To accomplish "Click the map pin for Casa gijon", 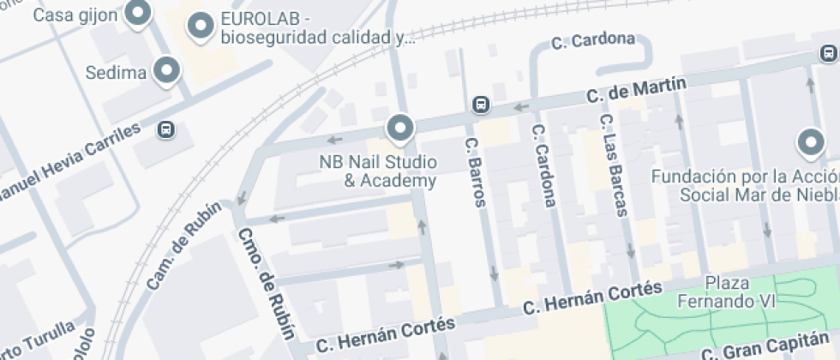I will [137, 13].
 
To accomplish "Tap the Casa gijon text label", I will [75, 15].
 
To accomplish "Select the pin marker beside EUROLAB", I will [201, 27].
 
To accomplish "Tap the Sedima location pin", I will [166, 70].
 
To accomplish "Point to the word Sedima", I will [116, 73].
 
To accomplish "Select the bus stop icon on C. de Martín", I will [481, 105].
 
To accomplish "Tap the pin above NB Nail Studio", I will [399, 129].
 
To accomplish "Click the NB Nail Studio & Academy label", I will [378, 171].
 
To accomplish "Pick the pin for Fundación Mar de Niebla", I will [810, 142].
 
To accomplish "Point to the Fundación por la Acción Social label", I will [745, 184].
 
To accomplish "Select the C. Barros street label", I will [475, 171].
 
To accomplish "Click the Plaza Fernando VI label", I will [726, 291].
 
